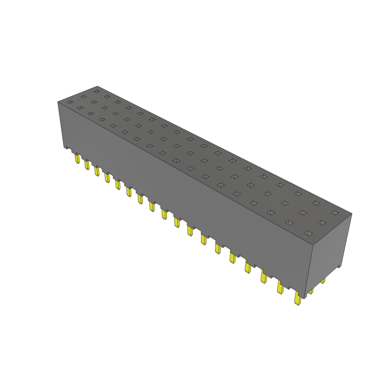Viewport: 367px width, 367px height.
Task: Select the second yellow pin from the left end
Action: [x=87, y=165]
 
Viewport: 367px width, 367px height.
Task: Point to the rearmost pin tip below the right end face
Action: [x=323, y=281]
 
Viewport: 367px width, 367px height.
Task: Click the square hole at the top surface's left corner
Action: [x=70, y=102]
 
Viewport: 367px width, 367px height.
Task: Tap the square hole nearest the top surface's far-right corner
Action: [x=334, y=213]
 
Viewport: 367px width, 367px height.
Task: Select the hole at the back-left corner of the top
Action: [x=96, y=91]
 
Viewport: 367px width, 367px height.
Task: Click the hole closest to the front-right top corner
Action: [x=308, y=233]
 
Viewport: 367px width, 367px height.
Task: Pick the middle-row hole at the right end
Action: [x=321, y=223]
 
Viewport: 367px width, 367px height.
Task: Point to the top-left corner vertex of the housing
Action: [x=58, y=102]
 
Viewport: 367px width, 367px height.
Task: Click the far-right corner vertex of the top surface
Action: [x=352, y=214]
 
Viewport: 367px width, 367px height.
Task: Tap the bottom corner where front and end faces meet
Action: [x=305, y=298]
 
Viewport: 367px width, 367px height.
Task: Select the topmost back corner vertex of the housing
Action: [x=97, y=86]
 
